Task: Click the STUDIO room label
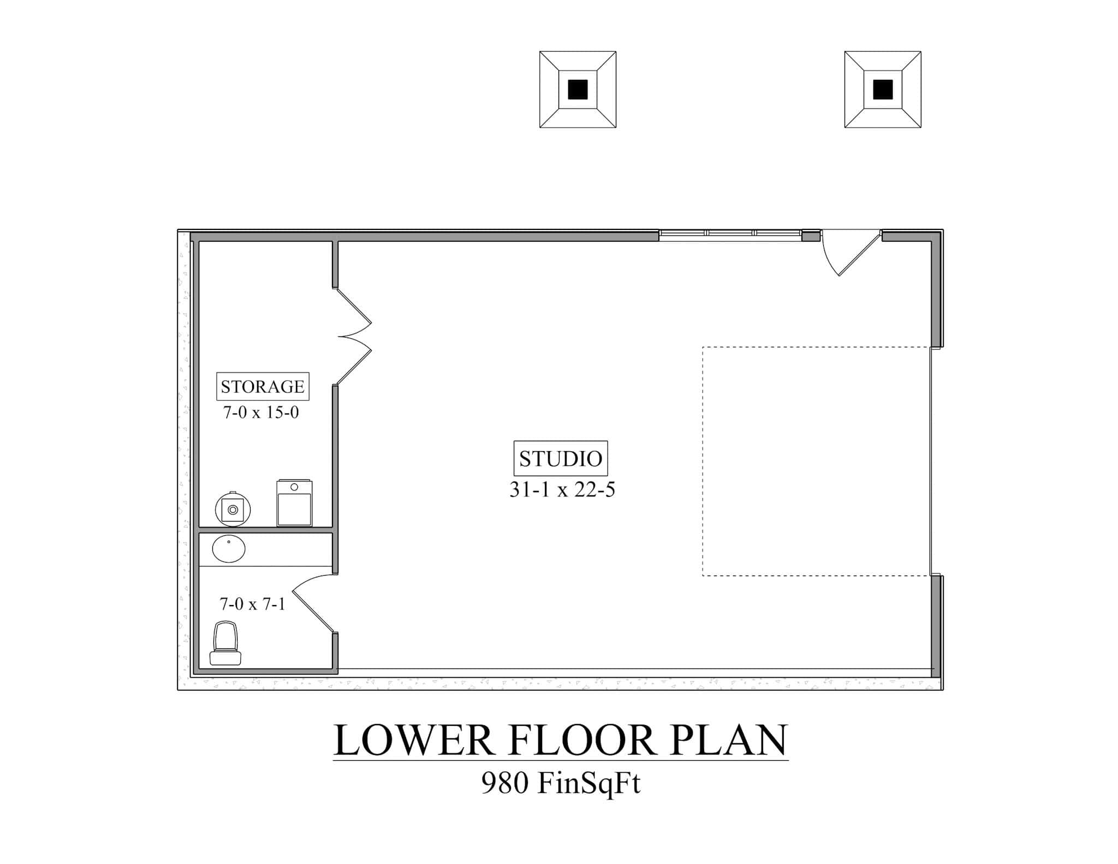pyautogui.click(x=560, y=458)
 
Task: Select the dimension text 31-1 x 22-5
pyautogui.click(x=562, y=490)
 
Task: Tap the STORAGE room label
pyautogui.click(x=263, y=387)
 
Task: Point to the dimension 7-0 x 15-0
pyautogui.click(x=261, y=412)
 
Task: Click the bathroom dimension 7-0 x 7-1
pyautogui.click(x=252, y=604)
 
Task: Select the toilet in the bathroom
pyautogui.click(x=225, y=644)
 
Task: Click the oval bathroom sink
pyautogui.click(x=229, y=549)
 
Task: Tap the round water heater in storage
pyautogui.click(x=233, y=509)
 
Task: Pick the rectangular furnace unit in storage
pyautogui.click(x=294, y=503)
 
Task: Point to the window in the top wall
pyautogui.click(x=730, y=234)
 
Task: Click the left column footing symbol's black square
pyautogui.click(x=578, y=90)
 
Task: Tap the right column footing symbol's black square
pyautogui.click(x=883, y=90)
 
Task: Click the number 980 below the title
pyautogui.click(x=504, y=783)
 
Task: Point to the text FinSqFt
pyautogui.click(x=588, y=784)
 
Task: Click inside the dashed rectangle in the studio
pyautogui.click(x=816, y=461)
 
